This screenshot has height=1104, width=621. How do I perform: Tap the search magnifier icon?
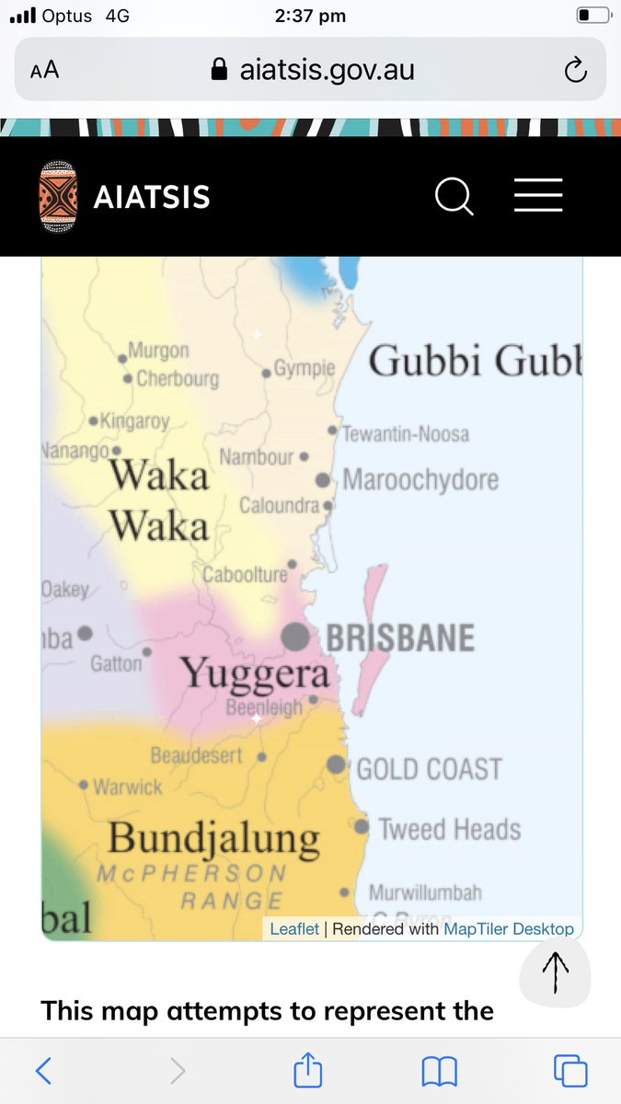(x=454, y=196)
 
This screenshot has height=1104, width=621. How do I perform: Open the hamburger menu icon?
(x=538, y=196)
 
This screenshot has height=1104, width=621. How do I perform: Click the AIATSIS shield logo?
(x=59, y=197)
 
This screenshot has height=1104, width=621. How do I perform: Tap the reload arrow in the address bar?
(x=575, y=70)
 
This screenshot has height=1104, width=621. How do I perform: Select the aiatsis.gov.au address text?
(x=327, y=70)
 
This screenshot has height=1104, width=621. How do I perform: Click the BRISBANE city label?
(x=400, y=638)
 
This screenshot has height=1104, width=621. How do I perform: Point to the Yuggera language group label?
(x=255, y=673)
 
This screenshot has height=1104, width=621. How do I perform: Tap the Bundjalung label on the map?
(x=213, y=838)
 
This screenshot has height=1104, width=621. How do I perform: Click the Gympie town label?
(x=305, y=369)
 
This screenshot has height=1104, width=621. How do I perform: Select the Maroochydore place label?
(x=420, y=479)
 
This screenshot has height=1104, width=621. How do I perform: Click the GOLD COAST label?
(x=429, y=768)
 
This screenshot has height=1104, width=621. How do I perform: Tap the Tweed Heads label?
(x=450, y=829)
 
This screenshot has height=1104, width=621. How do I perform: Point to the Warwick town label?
(x=128, y=787)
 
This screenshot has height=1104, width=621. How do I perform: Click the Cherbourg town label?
(x=178, y=378)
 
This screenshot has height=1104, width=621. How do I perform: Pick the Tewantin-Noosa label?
(x=406, y=433)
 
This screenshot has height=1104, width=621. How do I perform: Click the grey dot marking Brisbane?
(x=295, y=636)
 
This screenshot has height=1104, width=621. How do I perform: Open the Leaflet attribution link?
(x=294, y=929)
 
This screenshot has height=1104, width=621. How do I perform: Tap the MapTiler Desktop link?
(x=509, y=929)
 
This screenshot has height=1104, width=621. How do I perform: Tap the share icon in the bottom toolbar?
(x=308, y=1070)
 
